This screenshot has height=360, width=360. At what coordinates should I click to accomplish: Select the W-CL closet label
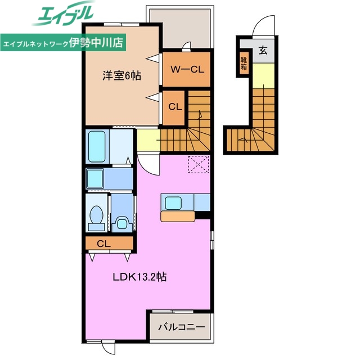(186, 70)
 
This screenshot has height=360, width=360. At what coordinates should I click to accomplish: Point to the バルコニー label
(181, 326)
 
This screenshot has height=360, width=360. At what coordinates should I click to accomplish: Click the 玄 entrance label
(262, 50)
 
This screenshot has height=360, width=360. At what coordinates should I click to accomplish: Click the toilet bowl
(96, 215)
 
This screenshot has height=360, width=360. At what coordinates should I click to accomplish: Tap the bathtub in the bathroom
(97, 146)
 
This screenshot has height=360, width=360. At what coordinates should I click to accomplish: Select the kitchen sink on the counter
(173, 202)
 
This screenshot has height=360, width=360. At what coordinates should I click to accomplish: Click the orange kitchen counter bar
(177, 215)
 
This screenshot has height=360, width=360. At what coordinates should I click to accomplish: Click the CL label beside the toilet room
(103, 244)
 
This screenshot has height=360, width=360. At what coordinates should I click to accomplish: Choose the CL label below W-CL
(174, 106)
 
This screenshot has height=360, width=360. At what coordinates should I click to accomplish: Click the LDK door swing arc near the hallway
(148, 164)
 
